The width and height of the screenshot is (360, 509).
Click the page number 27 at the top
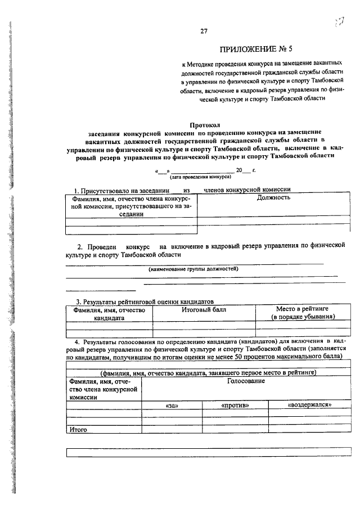pyautogui.click(x=204, y=31)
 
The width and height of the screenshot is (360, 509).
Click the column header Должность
pyautogui.click(x=273, y=197)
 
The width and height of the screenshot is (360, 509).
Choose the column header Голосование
pyautogui.click(x=246, y=381)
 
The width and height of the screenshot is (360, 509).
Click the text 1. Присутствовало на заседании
pyautogui.click(x=119, y=190)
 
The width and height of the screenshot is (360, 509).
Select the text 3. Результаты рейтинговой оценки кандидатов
pyautogui.click(x=145, y=301)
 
